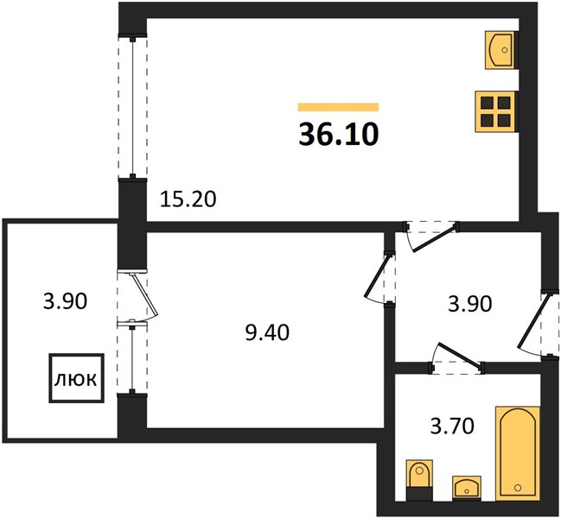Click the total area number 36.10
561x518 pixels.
click(x=339, y=135)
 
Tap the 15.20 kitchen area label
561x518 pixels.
click(x=188, y=199)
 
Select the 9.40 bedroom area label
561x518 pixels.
click(x=268, y=333)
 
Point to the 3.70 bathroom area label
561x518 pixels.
click(x=452, y=426)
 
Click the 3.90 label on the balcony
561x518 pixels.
click(x=65, y=301)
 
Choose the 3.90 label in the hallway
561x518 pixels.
click(x=470, y=305)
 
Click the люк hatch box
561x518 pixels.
click(x=77, y=378)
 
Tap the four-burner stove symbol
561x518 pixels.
click(x=496, y=111)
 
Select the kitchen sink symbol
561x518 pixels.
click(x=500, y=50)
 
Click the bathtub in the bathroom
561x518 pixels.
click(x=517, y=453)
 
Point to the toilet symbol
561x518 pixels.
click(x=420, y=480)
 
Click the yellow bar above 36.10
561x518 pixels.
click(x=339, y=107)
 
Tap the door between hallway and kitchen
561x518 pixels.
click(x=431, y=236)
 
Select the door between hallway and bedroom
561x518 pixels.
click(x=379, y=277)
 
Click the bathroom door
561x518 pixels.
click(x=458, y=358)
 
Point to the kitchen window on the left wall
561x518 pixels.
click(x=133, y=107)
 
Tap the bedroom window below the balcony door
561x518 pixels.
click(x=132, y=357)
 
